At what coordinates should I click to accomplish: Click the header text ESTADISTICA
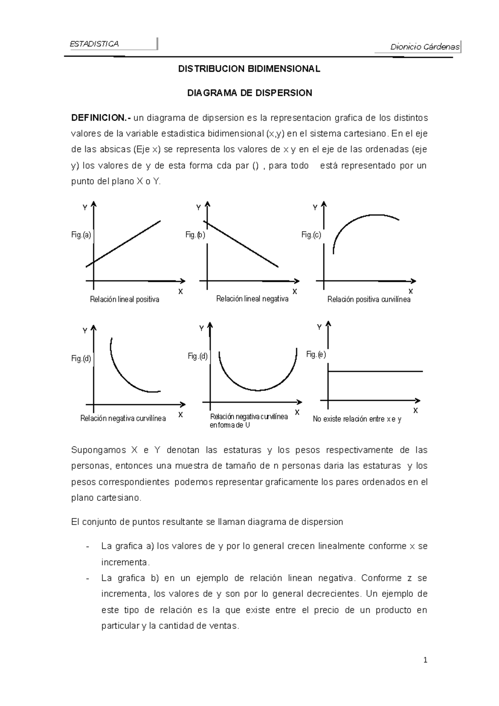[94, 44]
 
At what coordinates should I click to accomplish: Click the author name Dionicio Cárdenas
[425, 47]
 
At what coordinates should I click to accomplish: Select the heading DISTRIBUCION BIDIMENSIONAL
[249, 69]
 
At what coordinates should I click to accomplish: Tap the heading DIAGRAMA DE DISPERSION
[249, 93]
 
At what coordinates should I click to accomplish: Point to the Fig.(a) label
[81, 235]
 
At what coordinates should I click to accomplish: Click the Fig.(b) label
[195, 235]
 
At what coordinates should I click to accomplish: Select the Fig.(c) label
[311, 235]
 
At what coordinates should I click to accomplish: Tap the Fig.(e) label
[316, 354]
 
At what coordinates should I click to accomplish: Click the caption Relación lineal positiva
[124, 299]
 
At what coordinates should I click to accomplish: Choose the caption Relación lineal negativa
[252, 299]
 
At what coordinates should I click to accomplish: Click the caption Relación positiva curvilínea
[369, 299]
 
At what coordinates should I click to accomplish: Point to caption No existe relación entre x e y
[357, 419]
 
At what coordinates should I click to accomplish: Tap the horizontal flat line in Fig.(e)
[374, 371]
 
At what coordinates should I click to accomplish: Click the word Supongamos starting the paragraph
[99, 450]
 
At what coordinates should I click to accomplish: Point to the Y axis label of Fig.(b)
[199, 207]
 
